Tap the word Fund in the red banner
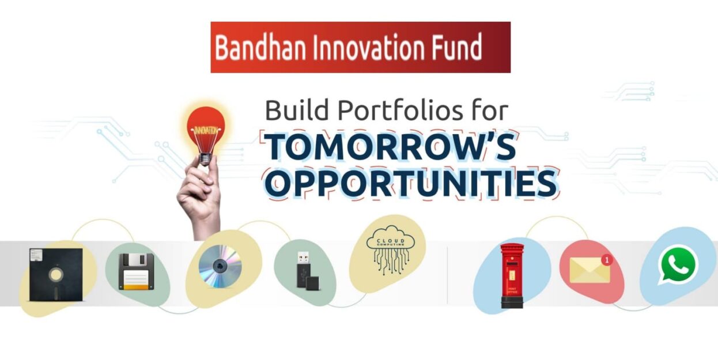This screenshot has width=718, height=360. click(x=455, y=48)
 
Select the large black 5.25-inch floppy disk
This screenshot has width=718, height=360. click(x=55, y=275)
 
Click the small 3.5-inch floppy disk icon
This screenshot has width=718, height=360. click(x=136, y=271)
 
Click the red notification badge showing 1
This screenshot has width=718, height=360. click(x=606, y=260)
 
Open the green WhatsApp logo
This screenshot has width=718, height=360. click(x=678, y=265)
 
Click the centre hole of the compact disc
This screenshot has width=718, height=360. click(x=220, y=266)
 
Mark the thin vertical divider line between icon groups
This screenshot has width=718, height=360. click(x=447, y=275)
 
